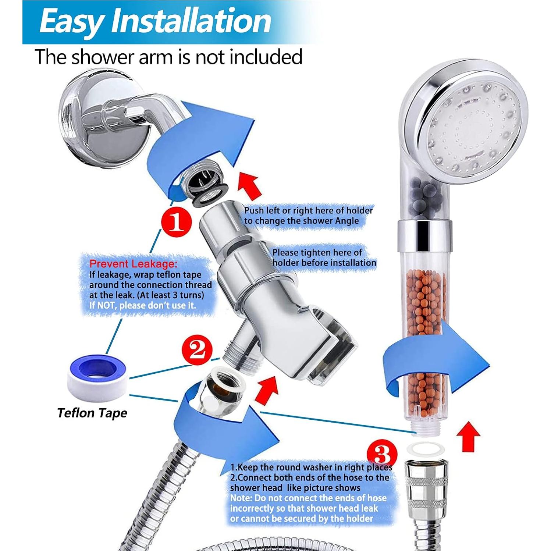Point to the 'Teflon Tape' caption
click(x=92, y=413)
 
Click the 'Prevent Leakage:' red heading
click(x=133, y=263)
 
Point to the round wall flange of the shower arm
click(x=83, y=120)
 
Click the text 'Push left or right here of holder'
click(x=308, y=210)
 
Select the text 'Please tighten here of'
click(x=317, y=252)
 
